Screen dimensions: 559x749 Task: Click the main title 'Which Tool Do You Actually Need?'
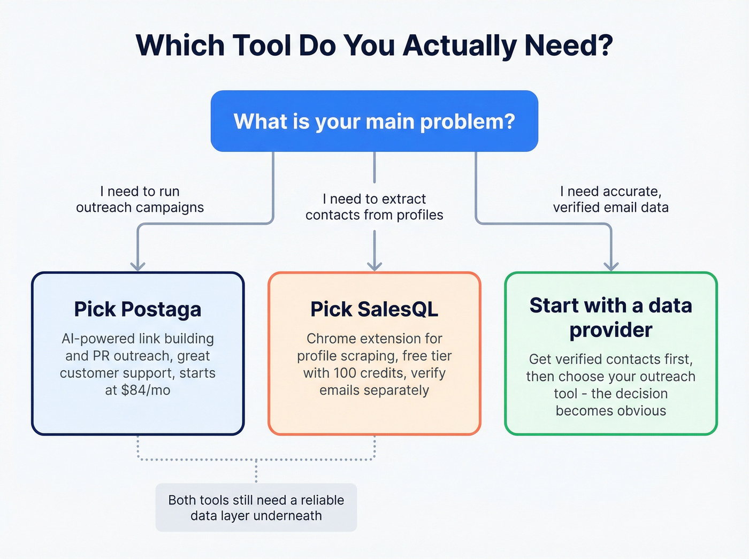coord(374,45)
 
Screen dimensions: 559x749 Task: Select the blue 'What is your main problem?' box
coord(374,121)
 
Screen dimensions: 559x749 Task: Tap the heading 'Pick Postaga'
coord(137,309)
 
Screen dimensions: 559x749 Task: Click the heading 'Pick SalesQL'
coord(374,309)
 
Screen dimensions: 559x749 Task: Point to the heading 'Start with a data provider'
coord(610,317)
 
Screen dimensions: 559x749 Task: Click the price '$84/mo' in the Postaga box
coord(146,390)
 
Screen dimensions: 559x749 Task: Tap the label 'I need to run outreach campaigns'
coord(140,200)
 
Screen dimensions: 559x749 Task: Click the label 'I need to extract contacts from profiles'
coord(374,207)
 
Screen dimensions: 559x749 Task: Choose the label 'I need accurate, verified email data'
coord(610,200)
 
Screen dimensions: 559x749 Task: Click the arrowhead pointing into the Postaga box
coord(138,266)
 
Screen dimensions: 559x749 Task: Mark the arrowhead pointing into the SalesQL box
coord(374,266)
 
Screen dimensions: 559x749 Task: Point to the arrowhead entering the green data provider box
coord(611,266)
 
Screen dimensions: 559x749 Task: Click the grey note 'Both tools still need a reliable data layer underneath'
coord(256,508)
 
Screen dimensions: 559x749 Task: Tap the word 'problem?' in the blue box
coord(467,122)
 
